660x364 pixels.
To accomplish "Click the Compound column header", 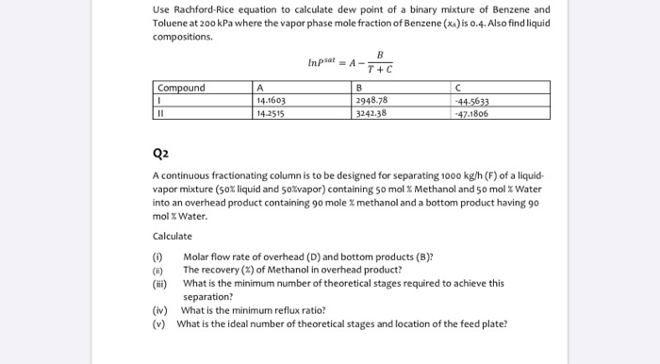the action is tap(181, 88).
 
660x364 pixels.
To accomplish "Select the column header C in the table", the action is tap(457, 88).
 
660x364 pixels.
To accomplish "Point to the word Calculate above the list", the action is tap(172, 236).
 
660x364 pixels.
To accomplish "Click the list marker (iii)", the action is tap(159, 282).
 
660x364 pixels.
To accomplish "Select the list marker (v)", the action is tap(158, 323).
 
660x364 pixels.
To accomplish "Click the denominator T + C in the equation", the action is tap(381, 70).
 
